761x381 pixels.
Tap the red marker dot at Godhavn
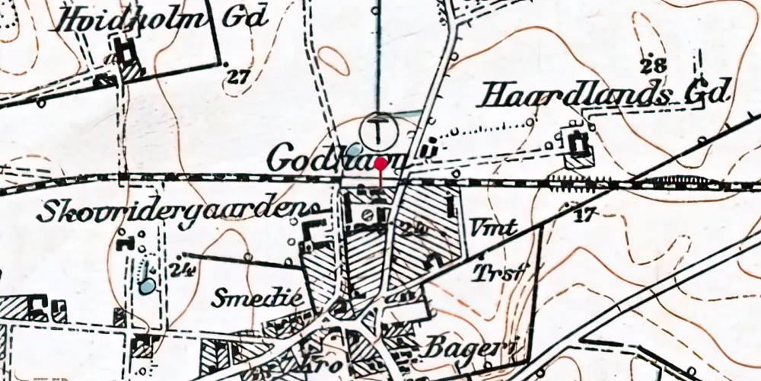coord(380,163)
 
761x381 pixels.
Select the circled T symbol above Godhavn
coord(378,130)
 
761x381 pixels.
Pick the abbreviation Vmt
coord(494,226)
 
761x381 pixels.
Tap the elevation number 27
coord(238,76)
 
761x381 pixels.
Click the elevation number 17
coord(584,216)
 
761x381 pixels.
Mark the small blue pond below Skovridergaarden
coord(147,286)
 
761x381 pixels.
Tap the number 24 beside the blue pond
coord(180,268)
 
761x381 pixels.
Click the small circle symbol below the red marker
coord(368,214)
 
